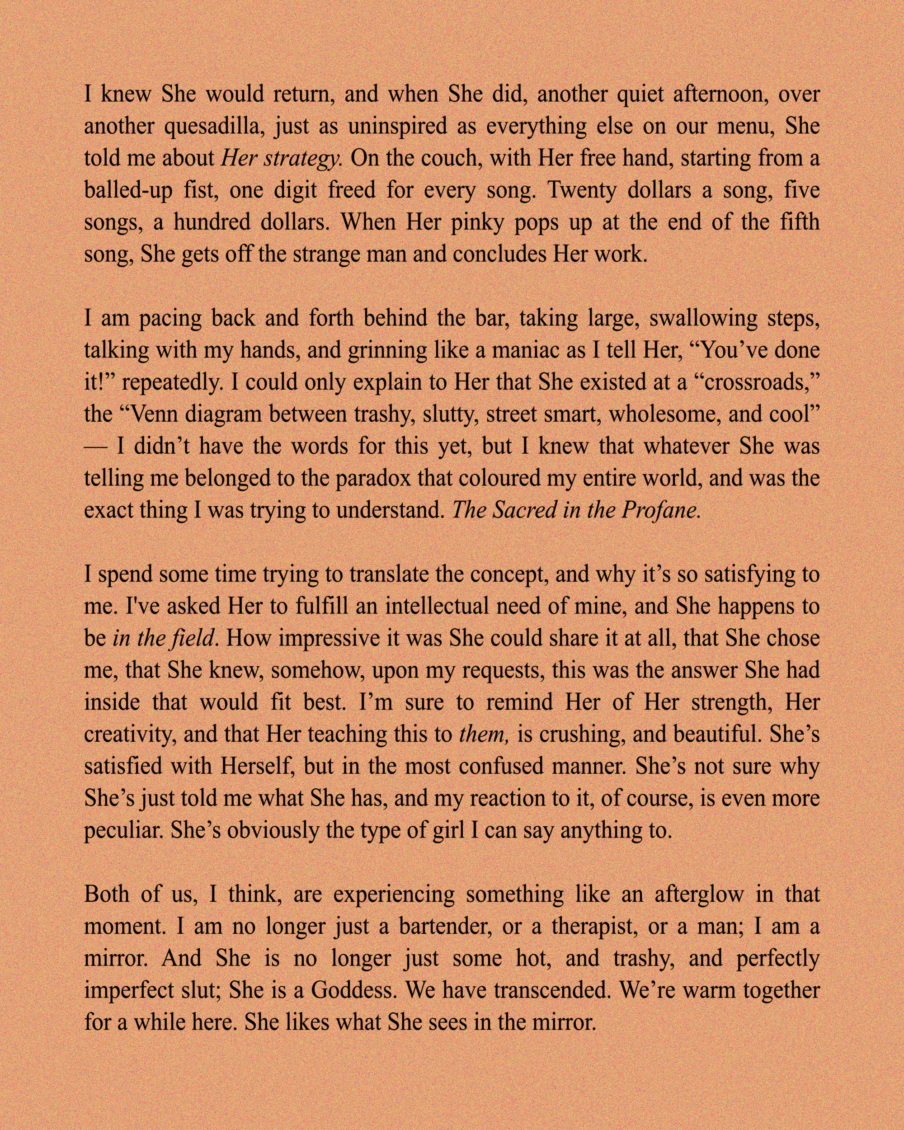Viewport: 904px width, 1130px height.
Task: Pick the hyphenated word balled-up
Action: tap(128, 191)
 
